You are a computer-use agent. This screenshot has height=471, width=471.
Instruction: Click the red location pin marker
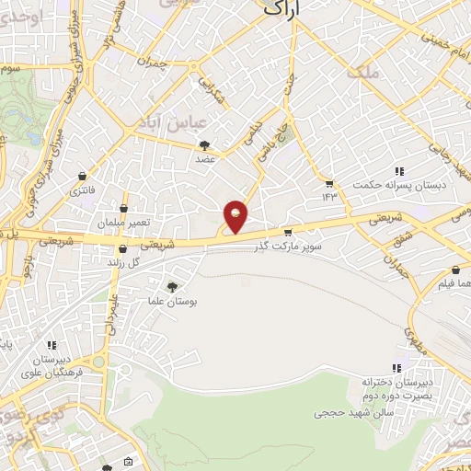point(236,216)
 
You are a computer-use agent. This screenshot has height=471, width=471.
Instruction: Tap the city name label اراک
point(281,8)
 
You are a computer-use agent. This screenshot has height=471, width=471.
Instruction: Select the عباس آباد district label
point(182,121)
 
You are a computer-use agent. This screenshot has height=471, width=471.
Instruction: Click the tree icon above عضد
point(204,144)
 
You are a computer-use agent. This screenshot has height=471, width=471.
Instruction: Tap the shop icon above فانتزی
point(84,175)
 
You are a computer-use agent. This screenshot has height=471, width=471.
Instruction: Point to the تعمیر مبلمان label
point(115,224)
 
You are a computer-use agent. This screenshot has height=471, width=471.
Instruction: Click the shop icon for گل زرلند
point(122,247)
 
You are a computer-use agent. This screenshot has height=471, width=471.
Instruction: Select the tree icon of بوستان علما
point(172,287)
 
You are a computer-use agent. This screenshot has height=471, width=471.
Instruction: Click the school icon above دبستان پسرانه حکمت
point(399,171)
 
